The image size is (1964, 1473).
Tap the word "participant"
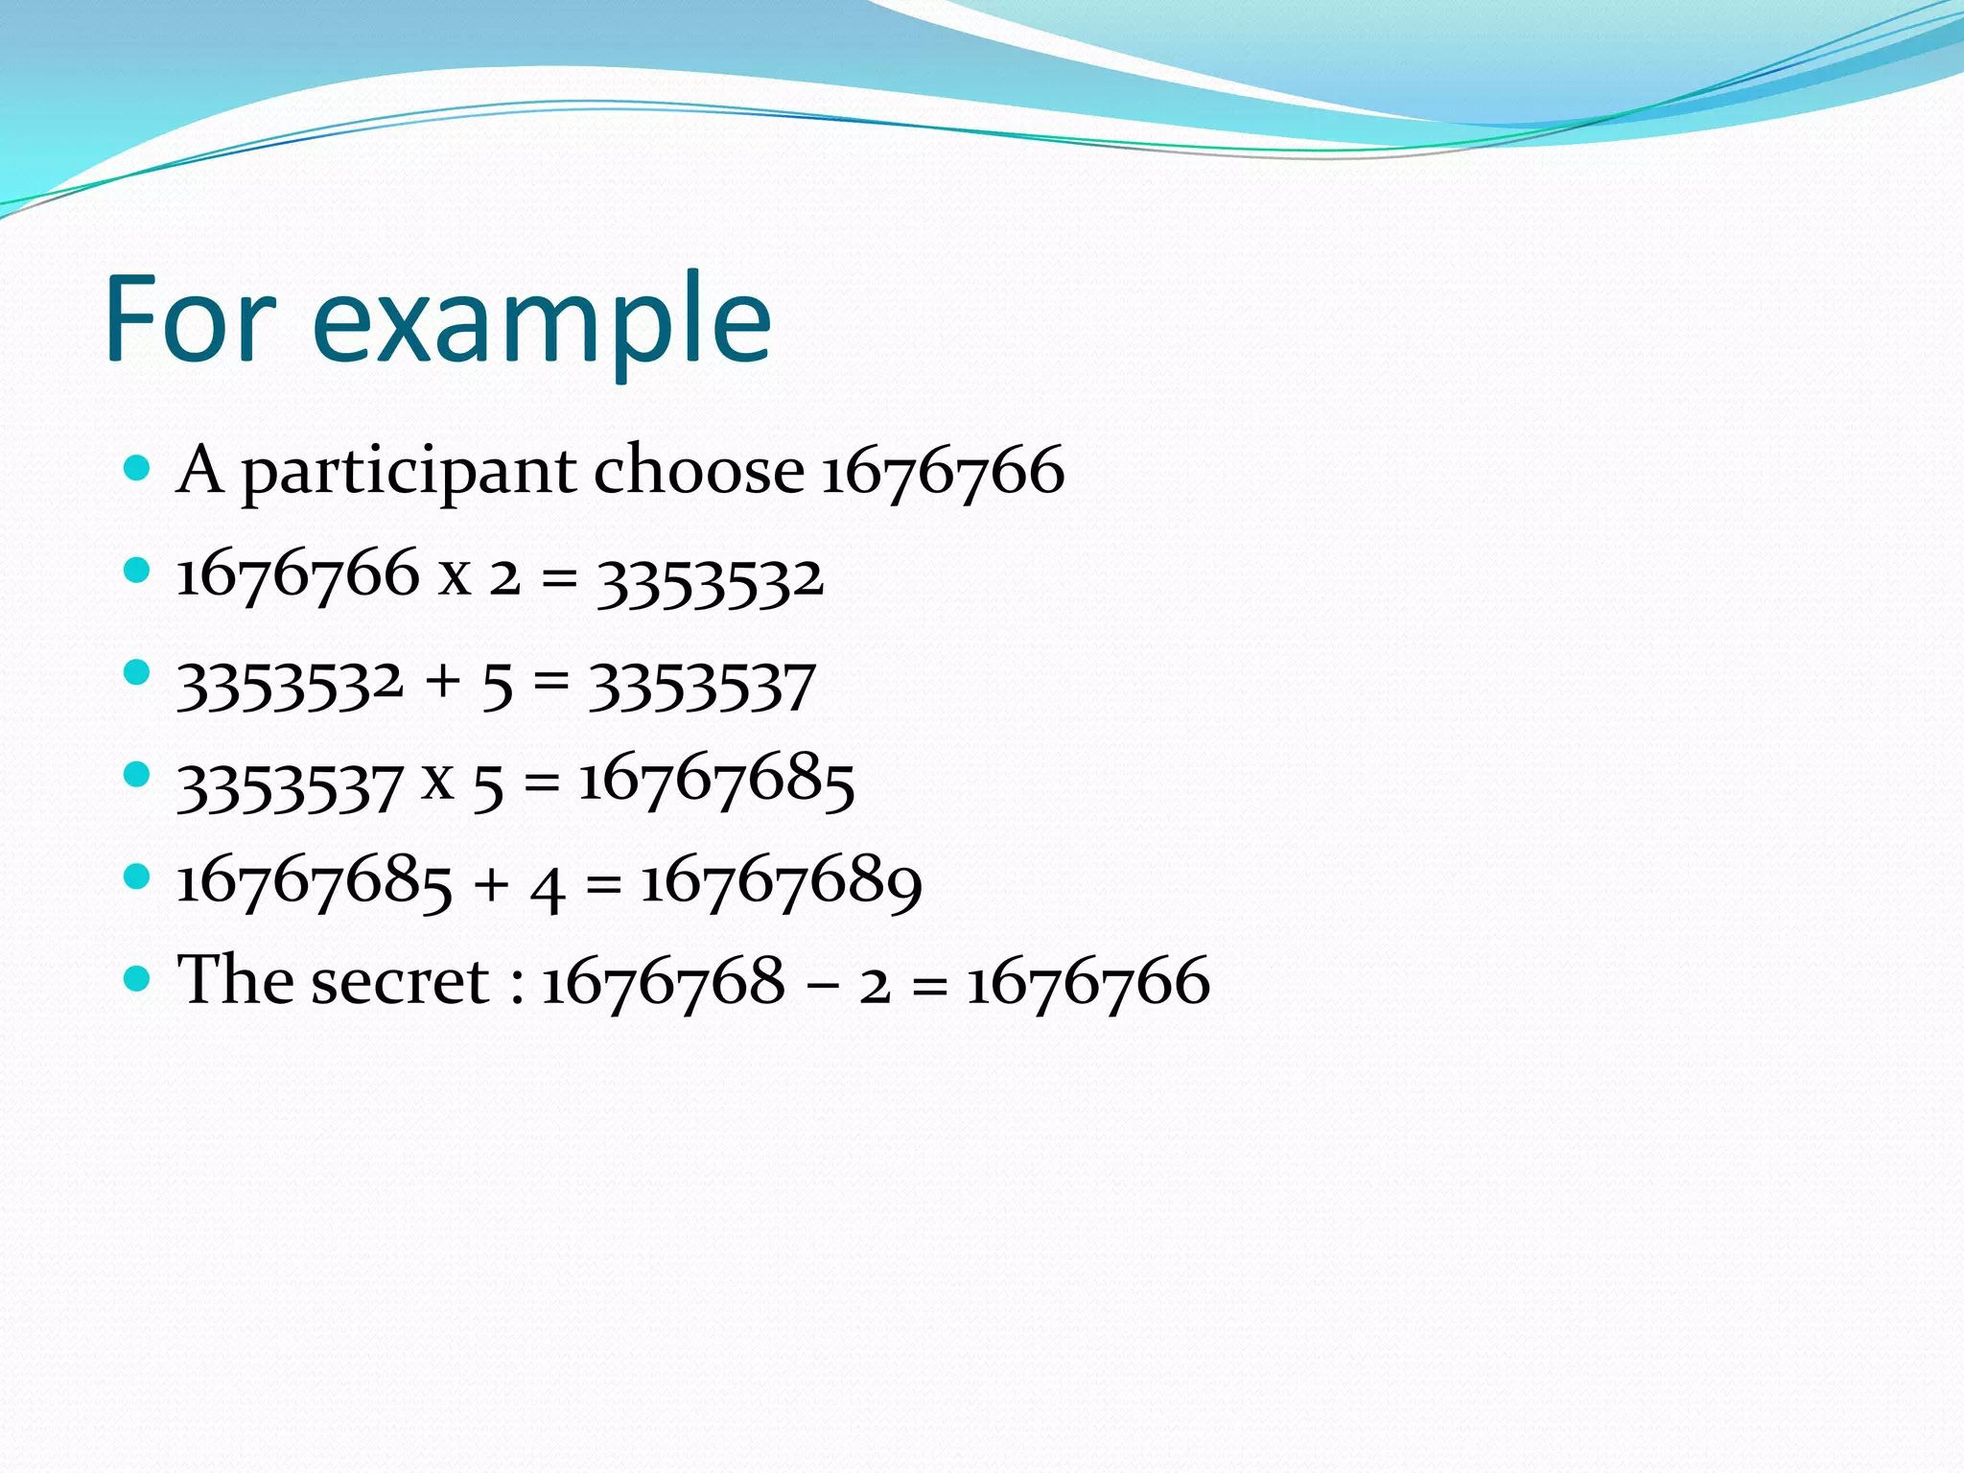[409, 472]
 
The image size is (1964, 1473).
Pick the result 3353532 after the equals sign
[710, 579]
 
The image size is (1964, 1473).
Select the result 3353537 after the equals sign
[701, 687]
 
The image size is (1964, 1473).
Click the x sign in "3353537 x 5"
[437, 780]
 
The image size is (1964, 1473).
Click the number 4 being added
[547, 886]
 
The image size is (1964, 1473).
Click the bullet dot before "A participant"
[138, 468]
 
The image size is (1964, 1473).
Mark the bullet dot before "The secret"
[138, 978]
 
